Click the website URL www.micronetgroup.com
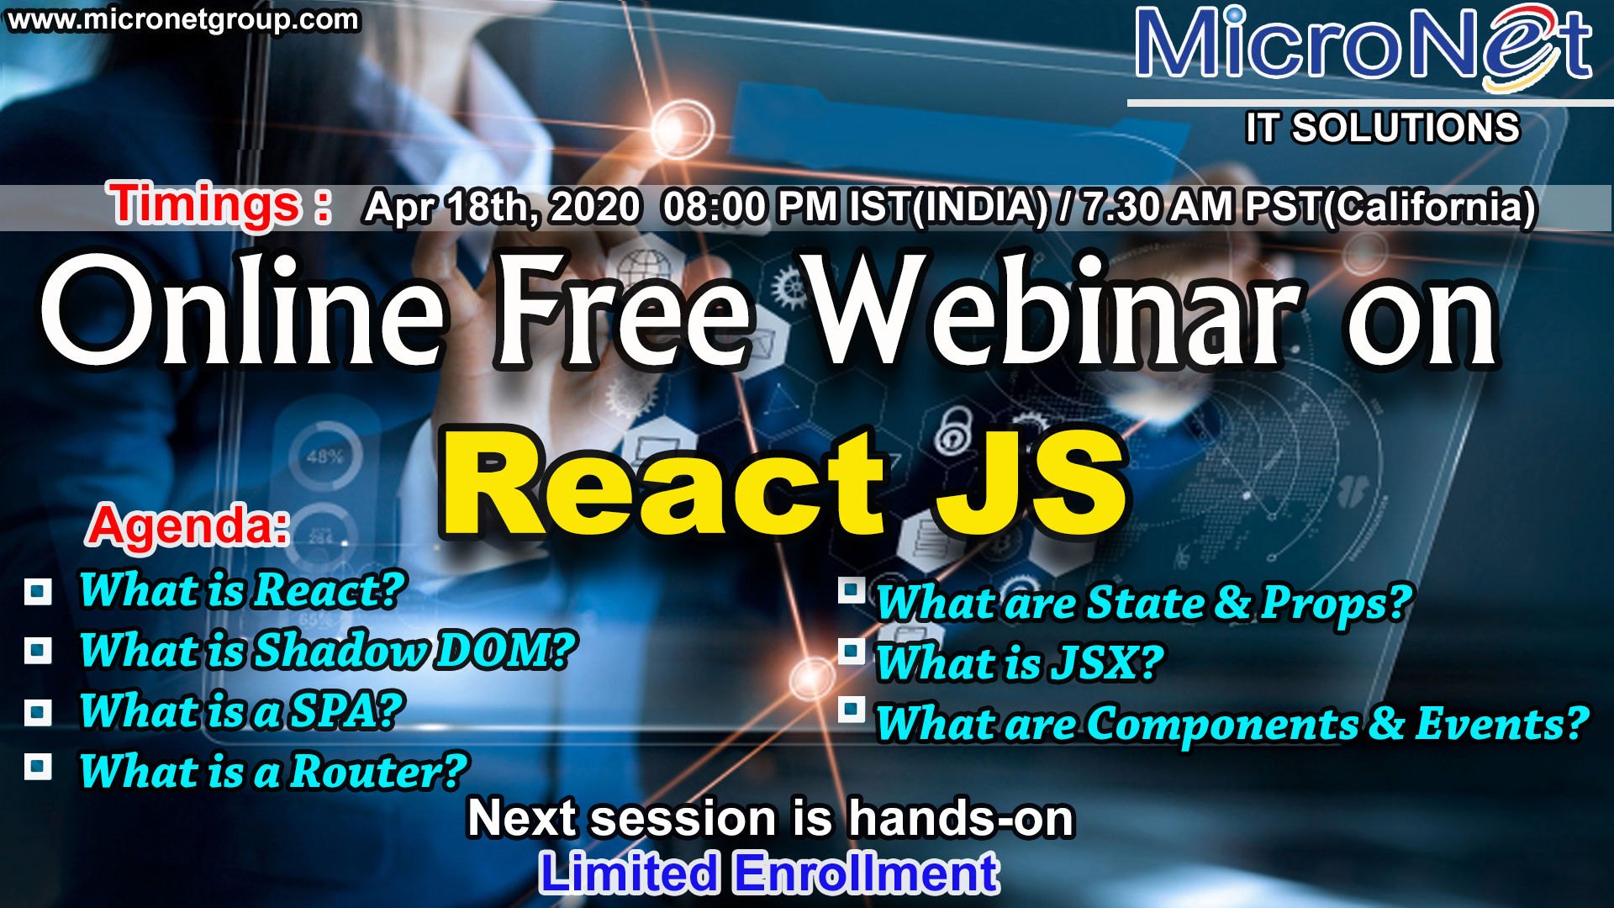tap(183, 20)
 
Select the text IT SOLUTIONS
tap(1383, 128)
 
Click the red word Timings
tap(204, 204)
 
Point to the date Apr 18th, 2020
tap(502, 207)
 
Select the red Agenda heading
tap(189, 526)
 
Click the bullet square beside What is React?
tap(38, 592)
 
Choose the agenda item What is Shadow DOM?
tap(328, 650)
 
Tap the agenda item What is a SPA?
tap(242, 711)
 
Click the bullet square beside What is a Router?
tap(38, 767)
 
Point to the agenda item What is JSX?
tap(1020, 663)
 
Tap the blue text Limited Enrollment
tap(769, 873)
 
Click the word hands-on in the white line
tap(962, 818)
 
